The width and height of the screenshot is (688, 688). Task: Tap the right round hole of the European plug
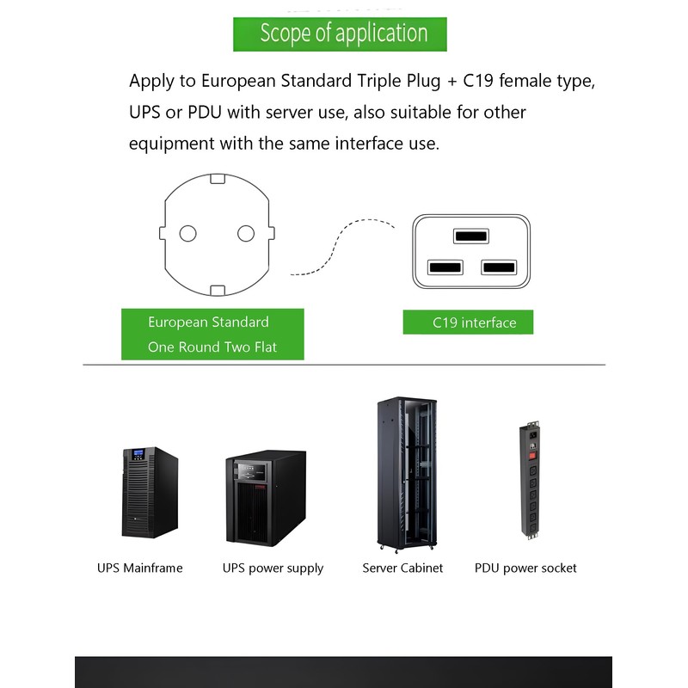[x=246, y=233]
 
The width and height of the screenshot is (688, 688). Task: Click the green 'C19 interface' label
[x=468, y=322]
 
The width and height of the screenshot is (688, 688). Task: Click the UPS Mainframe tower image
[x=150, y=493]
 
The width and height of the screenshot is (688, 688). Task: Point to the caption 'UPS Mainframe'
[x=140, y=568]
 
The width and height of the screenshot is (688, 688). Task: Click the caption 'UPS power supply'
[x=273, y=568]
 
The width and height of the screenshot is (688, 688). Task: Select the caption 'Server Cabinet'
[x=402, y=568]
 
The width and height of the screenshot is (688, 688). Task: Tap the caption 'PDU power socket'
[x=525, y=568]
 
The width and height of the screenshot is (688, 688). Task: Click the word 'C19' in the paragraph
[x=481, y=82]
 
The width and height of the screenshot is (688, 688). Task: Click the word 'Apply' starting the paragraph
[x=150, y=83]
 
